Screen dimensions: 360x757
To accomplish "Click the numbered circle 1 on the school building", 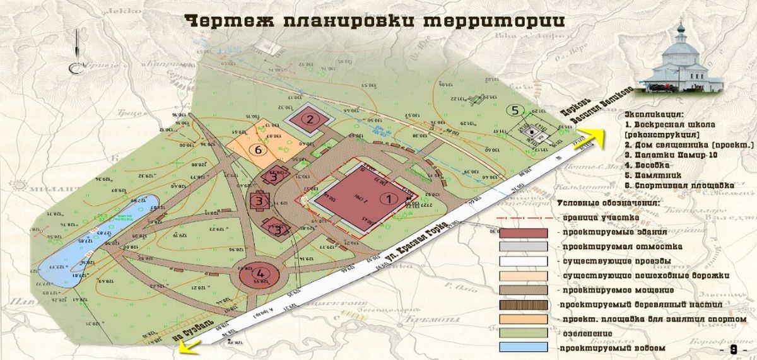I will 389,198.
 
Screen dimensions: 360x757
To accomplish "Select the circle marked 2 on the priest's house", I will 310,118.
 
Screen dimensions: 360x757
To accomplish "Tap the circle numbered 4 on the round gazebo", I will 260,274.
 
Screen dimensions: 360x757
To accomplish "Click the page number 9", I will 733,349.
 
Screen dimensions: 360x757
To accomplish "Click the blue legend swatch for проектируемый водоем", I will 524,347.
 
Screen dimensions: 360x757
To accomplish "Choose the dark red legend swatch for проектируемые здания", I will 524,232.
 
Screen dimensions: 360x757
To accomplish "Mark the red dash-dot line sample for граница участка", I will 524,218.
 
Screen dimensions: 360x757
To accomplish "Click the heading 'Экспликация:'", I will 654,116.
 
